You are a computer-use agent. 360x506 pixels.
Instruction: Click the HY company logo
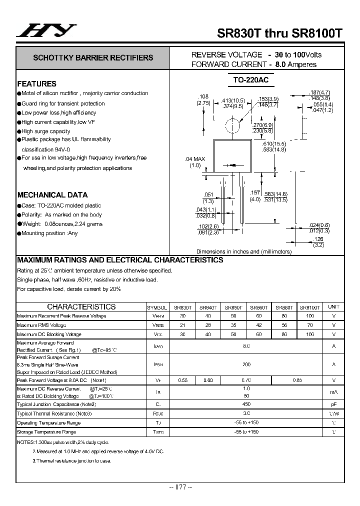(x=45, y=31)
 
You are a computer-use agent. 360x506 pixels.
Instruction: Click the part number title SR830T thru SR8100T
(x=279, y=33)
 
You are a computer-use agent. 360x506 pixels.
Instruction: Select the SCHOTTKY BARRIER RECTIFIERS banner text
(x=93, y=58)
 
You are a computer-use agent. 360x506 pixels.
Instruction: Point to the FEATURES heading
(x=37, y=84)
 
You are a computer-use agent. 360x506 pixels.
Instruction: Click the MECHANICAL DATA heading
(x=52, y=195)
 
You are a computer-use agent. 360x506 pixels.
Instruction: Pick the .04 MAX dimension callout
(x=195, y=159)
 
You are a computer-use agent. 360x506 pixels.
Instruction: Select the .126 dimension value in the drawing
(x=318, y=239)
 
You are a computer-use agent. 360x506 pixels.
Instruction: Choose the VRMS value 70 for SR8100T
(x=309, y=325)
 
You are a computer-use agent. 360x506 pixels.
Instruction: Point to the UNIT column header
(x=333, y=307)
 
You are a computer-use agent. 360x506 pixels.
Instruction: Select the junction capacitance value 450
(x=246, y=404)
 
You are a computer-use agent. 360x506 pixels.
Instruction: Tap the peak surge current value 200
(x=246, y=364)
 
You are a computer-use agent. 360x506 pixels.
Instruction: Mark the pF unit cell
(x=333, y=404)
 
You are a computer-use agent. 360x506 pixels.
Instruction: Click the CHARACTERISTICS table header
(x=81, y=307)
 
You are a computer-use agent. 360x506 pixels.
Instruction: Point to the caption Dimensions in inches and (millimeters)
(x=243, y=252)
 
